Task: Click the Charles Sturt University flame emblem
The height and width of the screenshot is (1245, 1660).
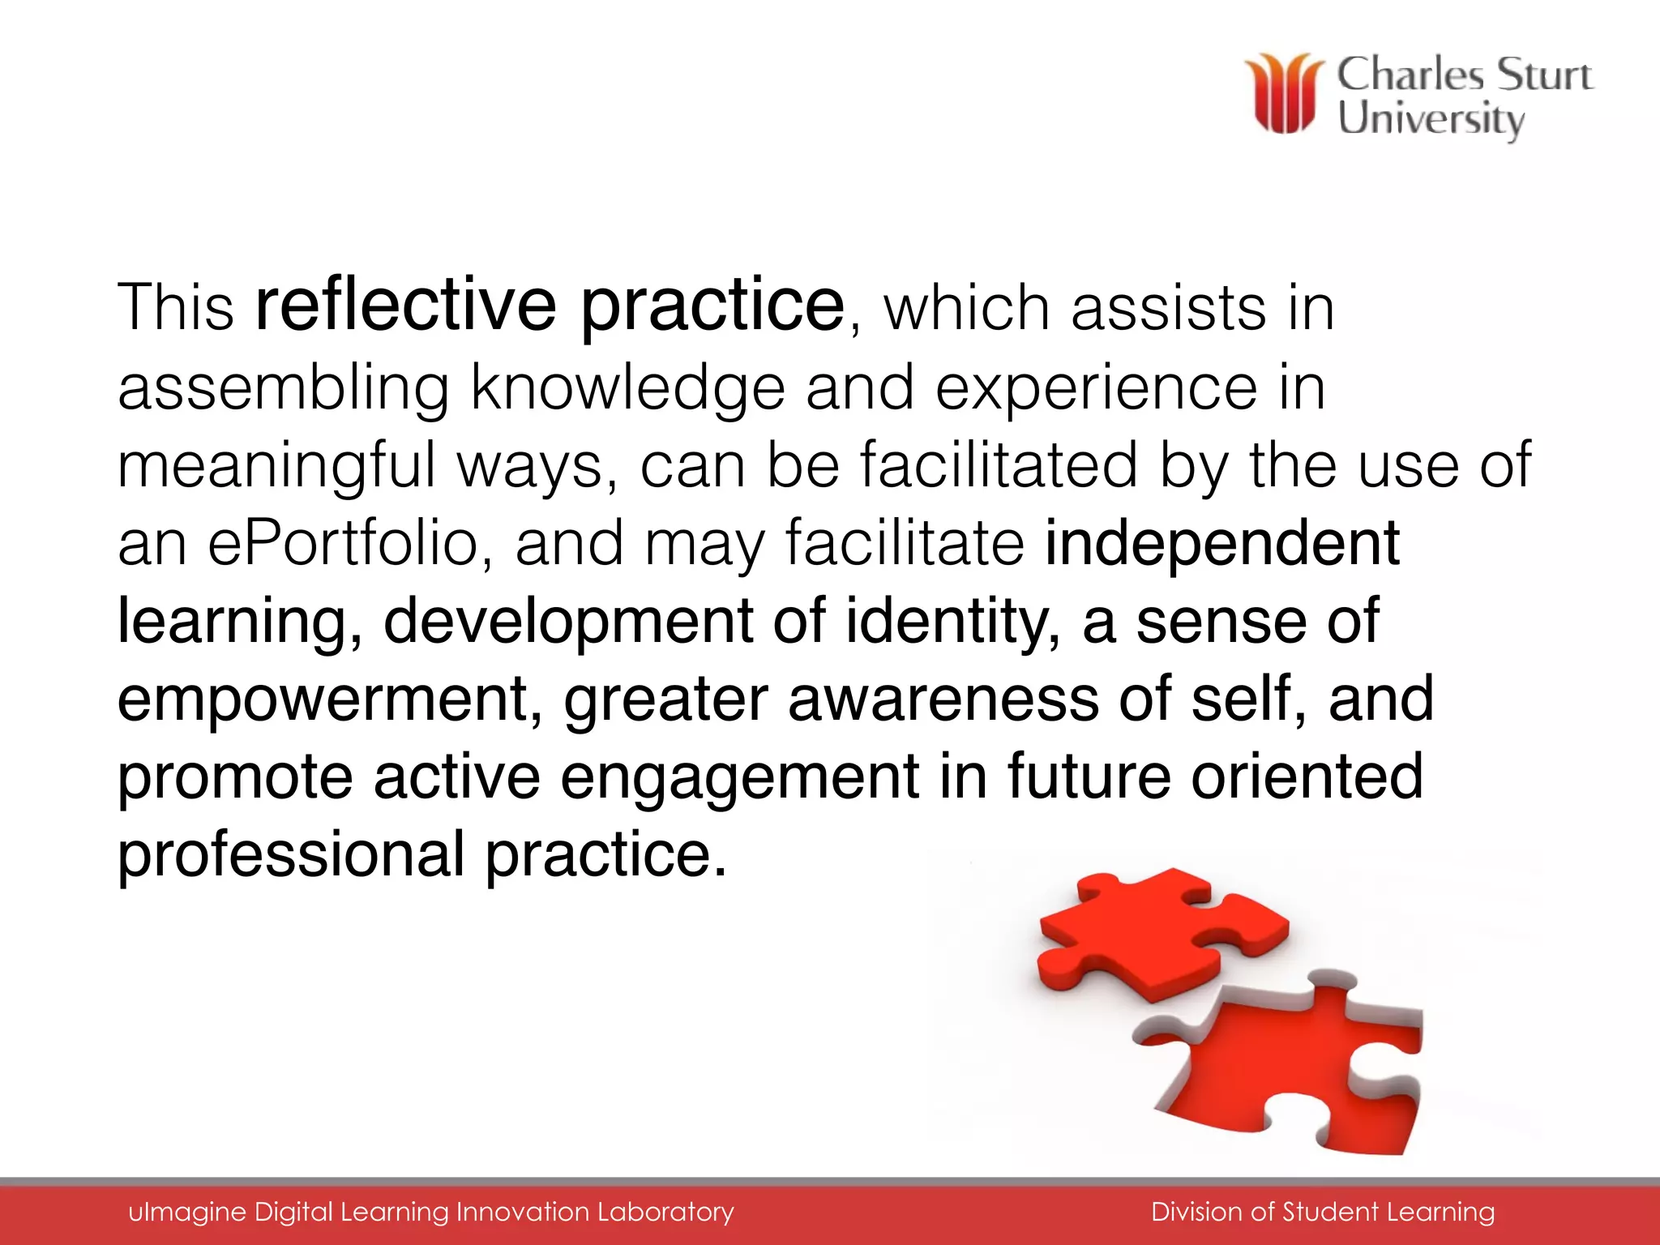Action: click(x=1283, y=93)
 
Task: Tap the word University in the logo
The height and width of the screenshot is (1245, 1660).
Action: click(x=1431, y=119)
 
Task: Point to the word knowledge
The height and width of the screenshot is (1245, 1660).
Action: click(x=627, y=387)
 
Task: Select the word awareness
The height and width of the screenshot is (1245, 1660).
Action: click(x=943, y=699)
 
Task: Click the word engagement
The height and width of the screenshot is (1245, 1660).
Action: click(x=739, y=777)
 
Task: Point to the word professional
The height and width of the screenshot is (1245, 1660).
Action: click(x=291, y=854)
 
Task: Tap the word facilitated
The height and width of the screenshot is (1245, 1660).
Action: click(x=999, y=465)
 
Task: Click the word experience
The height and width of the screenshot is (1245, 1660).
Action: click(x=1096, y=387)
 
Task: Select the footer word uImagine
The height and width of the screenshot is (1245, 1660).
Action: click(x=186, y=1212)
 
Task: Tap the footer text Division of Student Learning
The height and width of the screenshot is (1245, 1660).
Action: click(x=1322, y=1212)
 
